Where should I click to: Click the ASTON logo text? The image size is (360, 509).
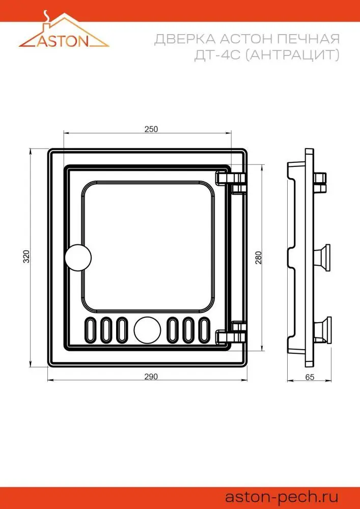point(63,41)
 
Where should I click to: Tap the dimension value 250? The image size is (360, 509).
point(151,129)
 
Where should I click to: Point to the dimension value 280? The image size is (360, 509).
point(259,258)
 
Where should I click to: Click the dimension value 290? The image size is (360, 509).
point(151,377)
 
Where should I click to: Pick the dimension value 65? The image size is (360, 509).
point(310,377)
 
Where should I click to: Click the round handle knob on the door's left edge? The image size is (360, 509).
point(78,257)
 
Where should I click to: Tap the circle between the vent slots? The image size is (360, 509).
point(147,329)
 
